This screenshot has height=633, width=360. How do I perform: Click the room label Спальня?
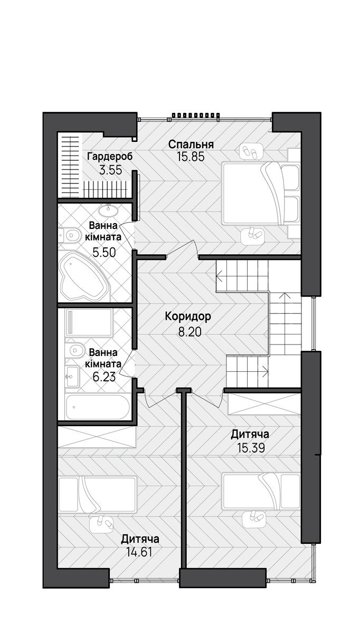tap(191, 145)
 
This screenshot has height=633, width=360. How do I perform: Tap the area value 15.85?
tap(191, 157)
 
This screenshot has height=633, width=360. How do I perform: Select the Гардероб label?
tap(110, 156)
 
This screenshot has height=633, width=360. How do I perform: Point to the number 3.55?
tap(110, 170)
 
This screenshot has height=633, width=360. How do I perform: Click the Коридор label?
tap(188, 316)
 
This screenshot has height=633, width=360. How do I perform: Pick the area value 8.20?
tap(190, 332)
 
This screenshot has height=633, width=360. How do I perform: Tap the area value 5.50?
tap(104, 252)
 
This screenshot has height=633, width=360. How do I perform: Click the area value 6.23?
tap(104, 377)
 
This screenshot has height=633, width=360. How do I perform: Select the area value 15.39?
tap(251, 448)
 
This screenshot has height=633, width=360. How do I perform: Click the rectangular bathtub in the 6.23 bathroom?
tap(97, 407)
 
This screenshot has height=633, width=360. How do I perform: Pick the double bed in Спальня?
tap(261, 193)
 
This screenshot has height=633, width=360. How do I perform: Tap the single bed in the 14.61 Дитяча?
tap(97, 494)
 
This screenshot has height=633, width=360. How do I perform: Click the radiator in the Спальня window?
tap(196, 115)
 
